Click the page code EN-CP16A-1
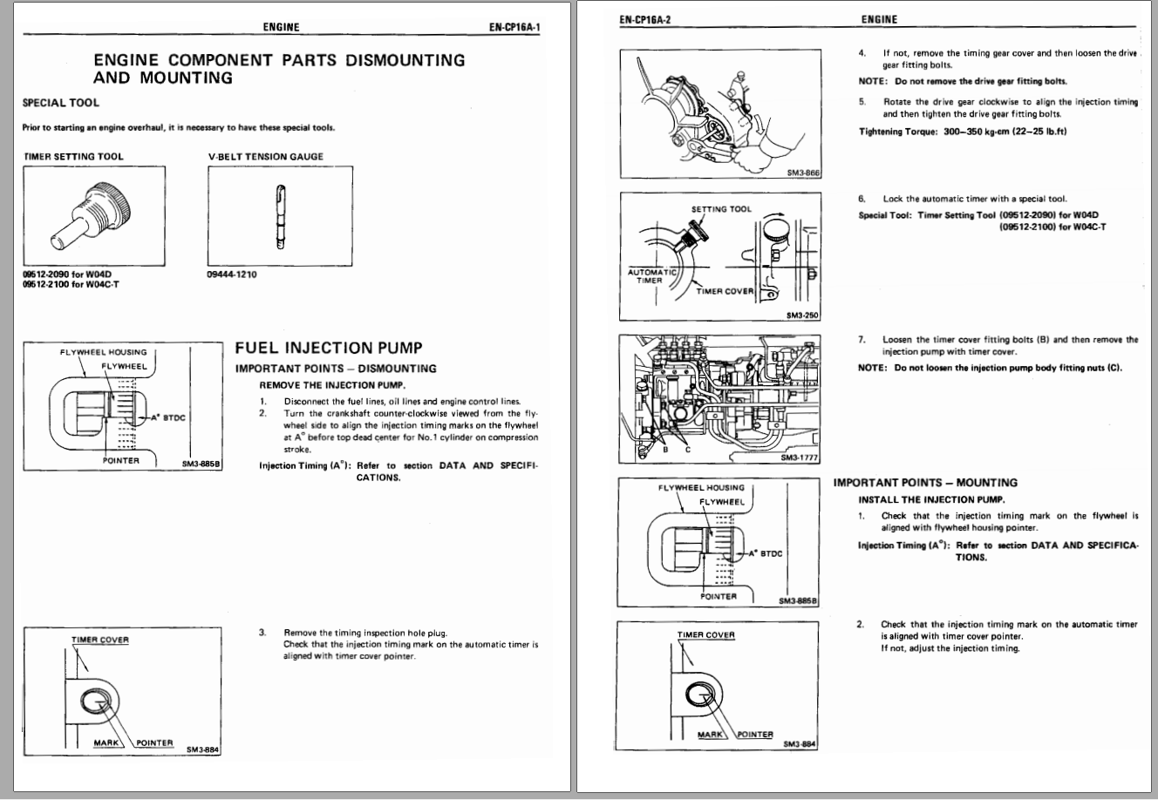[x=514, y=27]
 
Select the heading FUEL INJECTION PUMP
[x=317, y=349]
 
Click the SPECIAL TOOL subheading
[x=61, y=103]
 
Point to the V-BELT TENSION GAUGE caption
[x=265, y=157]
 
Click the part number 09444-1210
[x=233, y=275]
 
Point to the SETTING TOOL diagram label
[x=720, y=209]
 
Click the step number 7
[x=862, y=340]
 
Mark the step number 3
[x=262, y=632]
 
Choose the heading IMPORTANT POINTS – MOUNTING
[x=925, y=483]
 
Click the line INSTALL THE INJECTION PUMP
[x=931, y=499]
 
